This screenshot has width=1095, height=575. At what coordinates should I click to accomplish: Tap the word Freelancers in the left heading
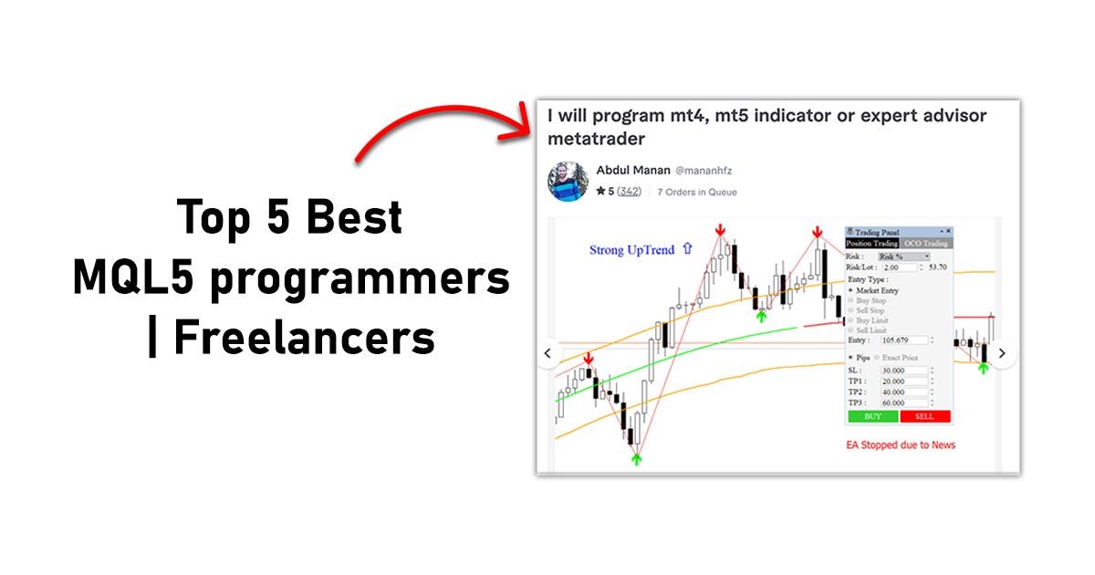[304, 337]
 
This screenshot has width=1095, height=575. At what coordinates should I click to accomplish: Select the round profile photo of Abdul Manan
[568, 181]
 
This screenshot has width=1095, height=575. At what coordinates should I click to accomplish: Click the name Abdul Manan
[631, 170]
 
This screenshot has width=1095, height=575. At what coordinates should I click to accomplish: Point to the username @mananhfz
[704, 171]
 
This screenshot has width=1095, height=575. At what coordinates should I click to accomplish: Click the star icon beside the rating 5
[600, 192]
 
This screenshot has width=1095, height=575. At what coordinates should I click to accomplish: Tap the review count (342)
[628, 192]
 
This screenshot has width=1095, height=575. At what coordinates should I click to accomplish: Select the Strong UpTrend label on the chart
[631, 249]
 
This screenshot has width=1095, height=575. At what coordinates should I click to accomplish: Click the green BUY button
[872, 416]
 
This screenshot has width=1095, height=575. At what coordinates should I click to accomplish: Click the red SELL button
[924, 416]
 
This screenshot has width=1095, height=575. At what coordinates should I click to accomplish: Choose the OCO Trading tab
[925, 244]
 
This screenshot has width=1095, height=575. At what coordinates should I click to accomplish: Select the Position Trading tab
[872, 244]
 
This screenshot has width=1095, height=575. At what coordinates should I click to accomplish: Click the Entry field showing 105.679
[903, 340]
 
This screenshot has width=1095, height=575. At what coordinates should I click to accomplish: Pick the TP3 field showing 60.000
[903, 402]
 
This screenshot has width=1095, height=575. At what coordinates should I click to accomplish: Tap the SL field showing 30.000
[903, 371]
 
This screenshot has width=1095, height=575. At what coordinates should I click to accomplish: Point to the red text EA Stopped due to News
[901, 444]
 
